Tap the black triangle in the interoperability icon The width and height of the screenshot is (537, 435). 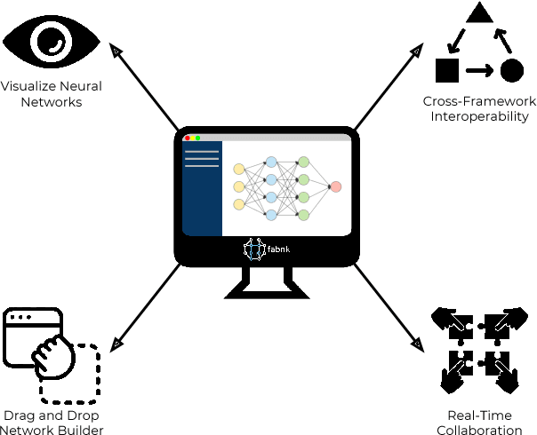click(479, 12)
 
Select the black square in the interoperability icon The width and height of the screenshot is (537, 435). click(446, 70)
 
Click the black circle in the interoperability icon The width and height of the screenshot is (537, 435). click(511, 70)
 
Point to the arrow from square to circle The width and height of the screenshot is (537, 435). click(479, 70)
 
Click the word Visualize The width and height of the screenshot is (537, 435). click(29, 87)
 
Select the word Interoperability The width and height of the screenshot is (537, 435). click(481, 116)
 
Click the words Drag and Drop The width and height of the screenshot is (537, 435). click(52, 415)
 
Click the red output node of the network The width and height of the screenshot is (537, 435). click(335, 186)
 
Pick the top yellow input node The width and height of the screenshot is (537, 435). click(238, 169)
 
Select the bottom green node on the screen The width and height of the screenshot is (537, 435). click(303, 215)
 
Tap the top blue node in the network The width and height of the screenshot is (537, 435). click(271, 162)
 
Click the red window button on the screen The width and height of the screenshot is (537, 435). click(188, 138)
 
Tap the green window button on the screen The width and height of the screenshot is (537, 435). click(198, 138)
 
